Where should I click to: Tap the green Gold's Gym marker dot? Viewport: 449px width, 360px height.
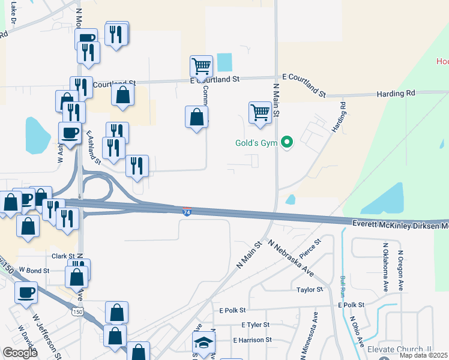pos(288,142)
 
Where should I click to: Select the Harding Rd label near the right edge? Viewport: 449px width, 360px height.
pos(396,93)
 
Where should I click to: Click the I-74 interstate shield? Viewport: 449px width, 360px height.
pos(187,212)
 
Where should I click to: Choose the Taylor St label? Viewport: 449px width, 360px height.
pos(310,290)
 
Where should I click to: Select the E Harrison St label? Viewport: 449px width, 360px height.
pos(252,340)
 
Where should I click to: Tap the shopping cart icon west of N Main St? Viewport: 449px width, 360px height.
pos(260,112)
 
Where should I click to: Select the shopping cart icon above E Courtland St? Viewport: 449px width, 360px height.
pos(201,66)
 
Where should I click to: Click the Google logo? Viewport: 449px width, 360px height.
pos(20,353)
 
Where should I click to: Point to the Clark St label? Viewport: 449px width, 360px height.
pos(62,256)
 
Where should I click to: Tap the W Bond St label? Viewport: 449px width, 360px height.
pos(33,271)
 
